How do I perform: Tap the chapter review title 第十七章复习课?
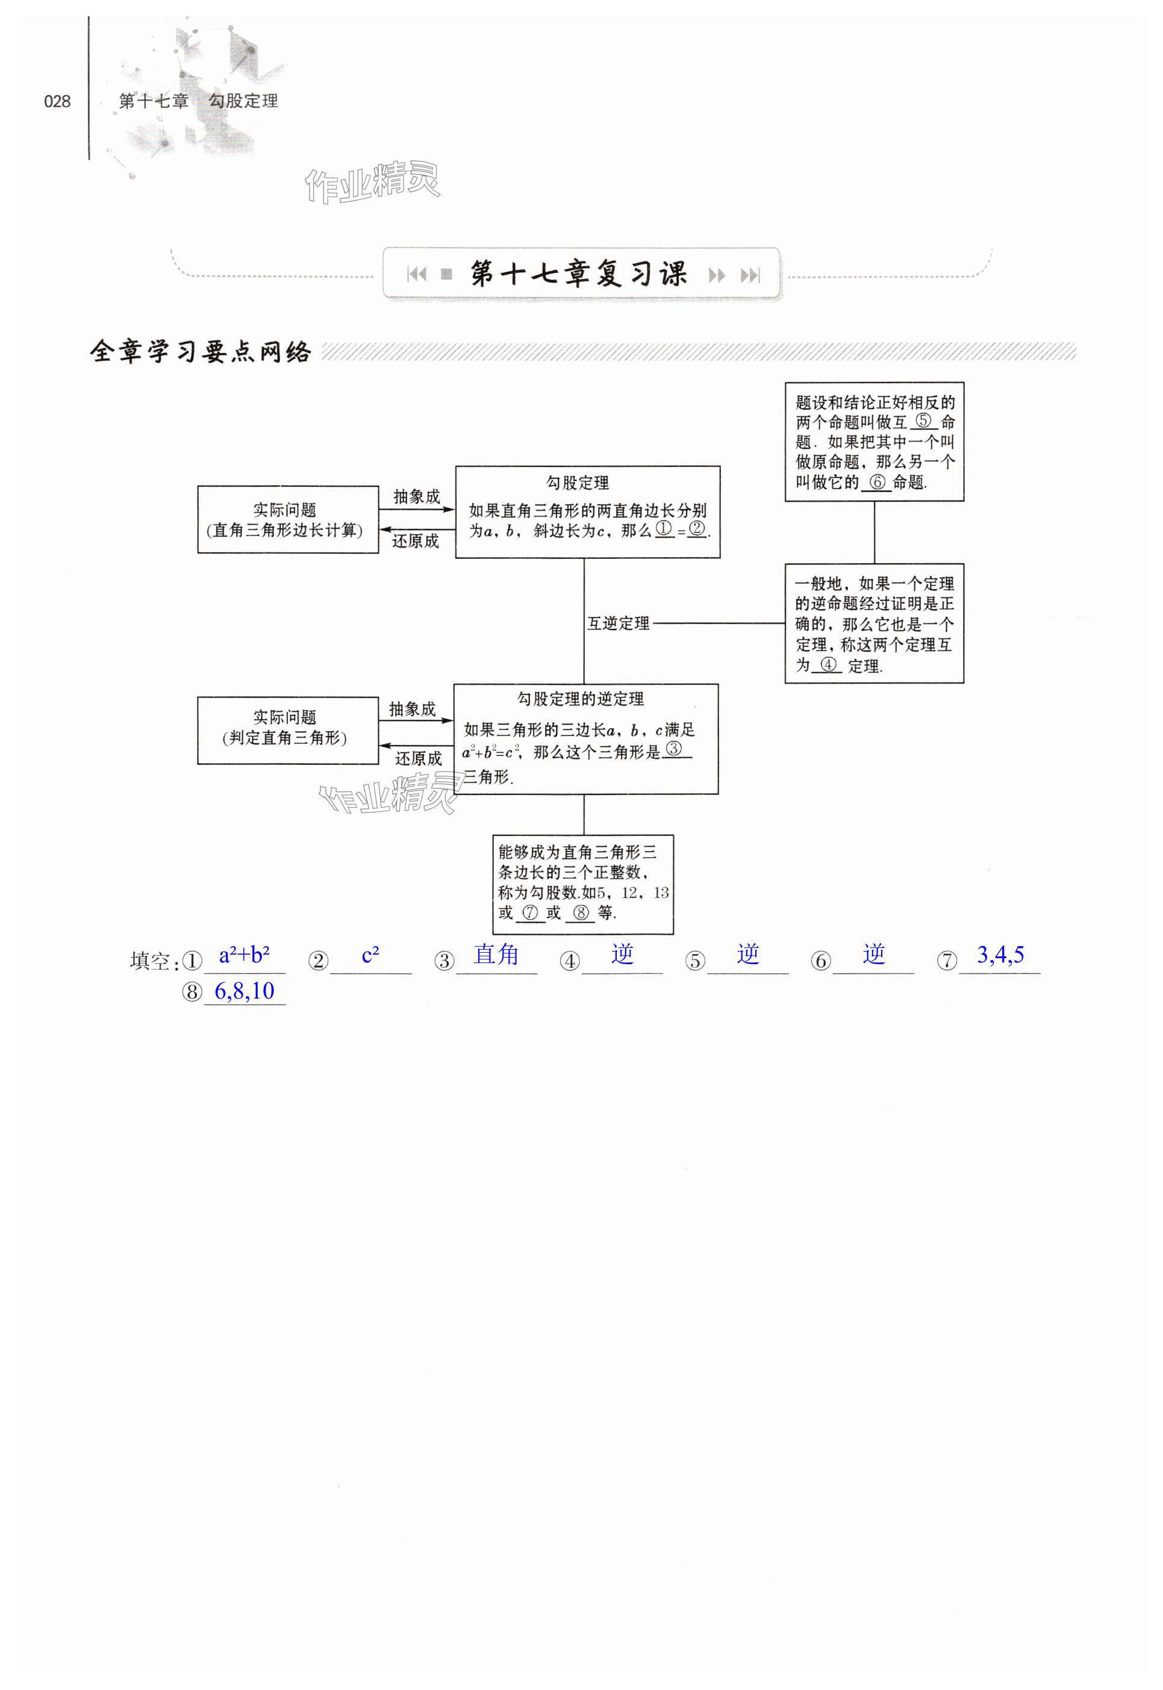579,274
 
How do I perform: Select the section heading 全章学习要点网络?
201,352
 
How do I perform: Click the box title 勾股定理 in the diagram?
577,482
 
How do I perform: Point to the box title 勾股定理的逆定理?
580,699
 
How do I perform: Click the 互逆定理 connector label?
618,623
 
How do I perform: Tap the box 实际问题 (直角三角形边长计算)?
288,520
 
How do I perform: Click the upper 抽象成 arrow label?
417,496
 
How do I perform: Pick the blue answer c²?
370,954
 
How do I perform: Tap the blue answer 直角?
496,954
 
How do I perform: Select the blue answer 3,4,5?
1000,954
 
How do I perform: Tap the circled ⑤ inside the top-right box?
923,420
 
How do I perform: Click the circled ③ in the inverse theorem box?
674,749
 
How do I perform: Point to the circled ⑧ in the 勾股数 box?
581,912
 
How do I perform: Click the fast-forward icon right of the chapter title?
717,275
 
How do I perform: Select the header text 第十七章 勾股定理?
198,101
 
